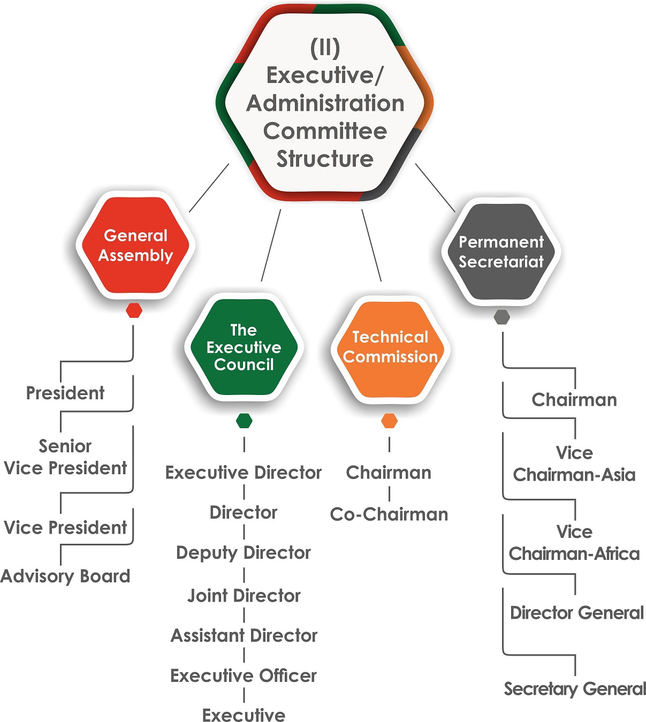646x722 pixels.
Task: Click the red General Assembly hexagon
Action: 135,245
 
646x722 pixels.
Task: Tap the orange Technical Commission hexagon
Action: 390,348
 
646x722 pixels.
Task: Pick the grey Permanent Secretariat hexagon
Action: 501,252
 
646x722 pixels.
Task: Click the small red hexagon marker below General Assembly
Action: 134,310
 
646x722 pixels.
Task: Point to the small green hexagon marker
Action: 244,421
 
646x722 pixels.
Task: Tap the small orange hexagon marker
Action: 390,421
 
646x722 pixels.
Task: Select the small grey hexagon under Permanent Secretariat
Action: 501,317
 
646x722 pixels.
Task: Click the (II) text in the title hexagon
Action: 325,48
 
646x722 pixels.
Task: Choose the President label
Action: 65,393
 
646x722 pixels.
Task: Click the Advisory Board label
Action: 65,576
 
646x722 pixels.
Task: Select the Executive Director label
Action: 244,473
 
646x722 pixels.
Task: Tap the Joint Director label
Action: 244,595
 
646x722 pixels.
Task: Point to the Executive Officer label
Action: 244,675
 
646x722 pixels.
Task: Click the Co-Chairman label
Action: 389,514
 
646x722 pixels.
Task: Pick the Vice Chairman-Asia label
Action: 574,463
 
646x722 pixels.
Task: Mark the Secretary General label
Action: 575,689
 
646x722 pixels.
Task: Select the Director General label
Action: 576,613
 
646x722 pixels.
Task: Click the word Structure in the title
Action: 325,159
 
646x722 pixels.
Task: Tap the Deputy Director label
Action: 244,552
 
